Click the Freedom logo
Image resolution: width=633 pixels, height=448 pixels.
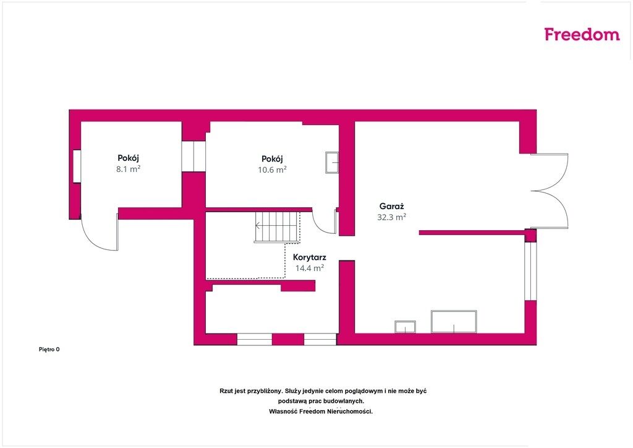[x=582, y=34]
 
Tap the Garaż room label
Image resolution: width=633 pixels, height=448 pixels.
[x=391, y=207]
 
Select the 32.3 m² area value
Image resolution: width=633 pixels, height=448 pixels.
[x=391, y=217]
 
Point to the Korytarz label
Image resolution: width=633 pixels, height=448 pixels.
[x=310, y=257]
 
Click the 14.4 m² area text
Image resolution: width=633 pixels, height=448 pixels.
[x=310, y=268]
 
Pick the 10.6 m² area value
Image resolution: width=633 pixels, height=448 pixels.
[x=272, y=170]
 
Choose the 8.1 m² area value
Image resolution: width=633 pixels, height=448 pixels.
[x=129, y=169]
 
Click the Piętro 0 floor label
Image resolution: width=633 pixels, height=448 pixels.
[x=49, y=350]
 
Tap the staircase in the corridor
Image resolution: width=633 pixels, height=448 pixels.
[x=278, y=227]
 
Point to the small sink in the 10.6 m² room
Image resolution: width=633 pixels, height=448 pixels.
[x=332, y=163]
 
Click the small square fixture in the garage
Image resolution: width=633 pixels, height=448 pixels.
[x=405, y=327]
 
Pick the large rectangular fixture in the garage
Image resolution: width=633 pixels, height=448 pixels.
[x=454, y=322]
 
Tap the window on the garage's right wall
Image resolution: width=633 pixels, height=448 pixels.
[x=530, y=271]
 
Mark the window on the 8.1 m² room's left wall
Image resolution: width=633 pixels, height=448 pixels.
[x=77, y=166]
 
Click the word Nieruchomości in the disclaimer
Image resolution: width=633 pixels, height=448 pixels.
[x=350, y=411]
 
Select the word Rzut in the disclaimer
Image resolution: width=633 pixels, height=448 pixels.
[x=226, y=391]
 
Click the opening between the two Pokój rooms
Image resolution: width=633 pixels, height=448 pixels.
[x=193, y=156]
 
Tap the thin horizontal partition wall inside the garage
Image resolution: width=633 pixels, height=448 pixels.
[x=472, y=233]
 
